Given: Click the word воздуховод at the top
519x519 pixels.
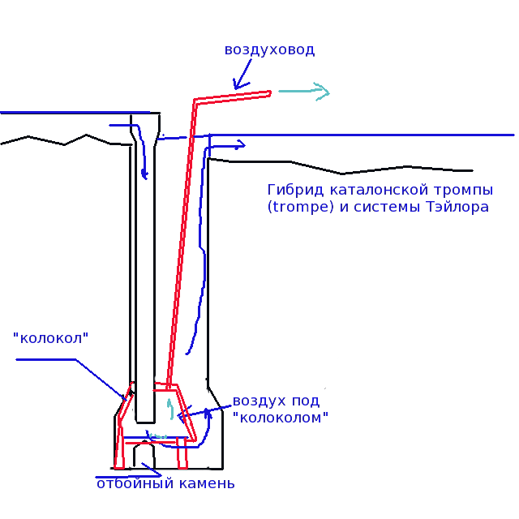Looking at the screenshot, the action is (269, 50).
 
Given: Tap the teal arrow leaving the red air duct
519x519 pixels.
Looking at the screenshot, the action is (304, 92).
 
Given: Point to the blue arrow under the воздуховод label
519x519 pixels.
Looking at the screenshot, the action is (242, 74).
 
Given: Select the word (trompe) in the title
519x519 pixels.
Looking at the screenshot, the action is (301, 208).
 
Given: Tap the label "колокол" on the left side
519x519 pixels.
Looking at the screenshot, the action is (50, 338).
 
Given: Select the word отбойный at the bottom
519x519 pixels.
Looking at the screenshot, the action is (135, 483).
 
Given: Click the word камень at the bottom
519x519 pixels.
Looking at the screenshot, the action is (208, 484).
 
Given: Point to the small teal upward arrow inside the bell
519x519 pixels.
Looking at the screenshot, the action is (171, 409).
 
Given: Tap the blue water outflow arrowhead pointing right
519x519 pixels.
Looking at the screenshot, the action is (241, 145).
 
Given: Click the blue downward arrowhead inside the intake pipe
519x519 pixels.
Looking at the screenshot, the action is (144, 174).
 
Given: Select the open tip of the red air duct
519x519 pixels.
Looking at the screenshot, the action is (270, 94).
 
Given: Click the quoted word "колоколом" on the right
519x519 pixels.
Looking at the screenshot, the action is (281, 418).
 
